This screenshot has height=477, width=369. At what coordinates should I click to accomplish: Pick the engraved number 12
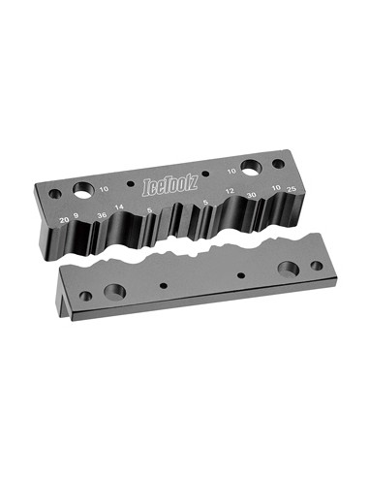click(231, 191)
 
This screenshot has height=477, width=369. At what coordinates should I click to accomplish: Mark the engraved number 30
click(253, 196)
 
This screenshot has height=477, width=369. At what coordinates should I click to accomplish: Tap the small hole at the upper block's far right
click(280, 164)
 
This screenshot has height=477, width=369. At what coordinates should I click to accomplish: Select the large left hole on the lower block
click(114, 291)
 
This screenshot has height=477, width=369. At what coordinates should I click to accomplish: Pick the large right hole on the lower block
click(288, 268)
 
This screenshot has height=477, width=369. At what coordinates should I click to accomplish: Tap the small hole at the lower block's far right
click(316, 265)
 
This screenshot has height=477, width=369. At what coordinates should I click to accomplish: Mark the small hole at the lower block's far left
click(86, 296)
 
